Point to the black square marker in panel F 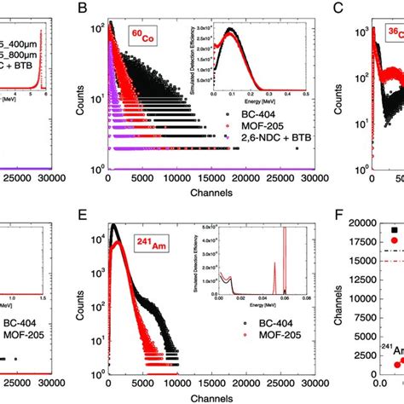click(x=394, y=230)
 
